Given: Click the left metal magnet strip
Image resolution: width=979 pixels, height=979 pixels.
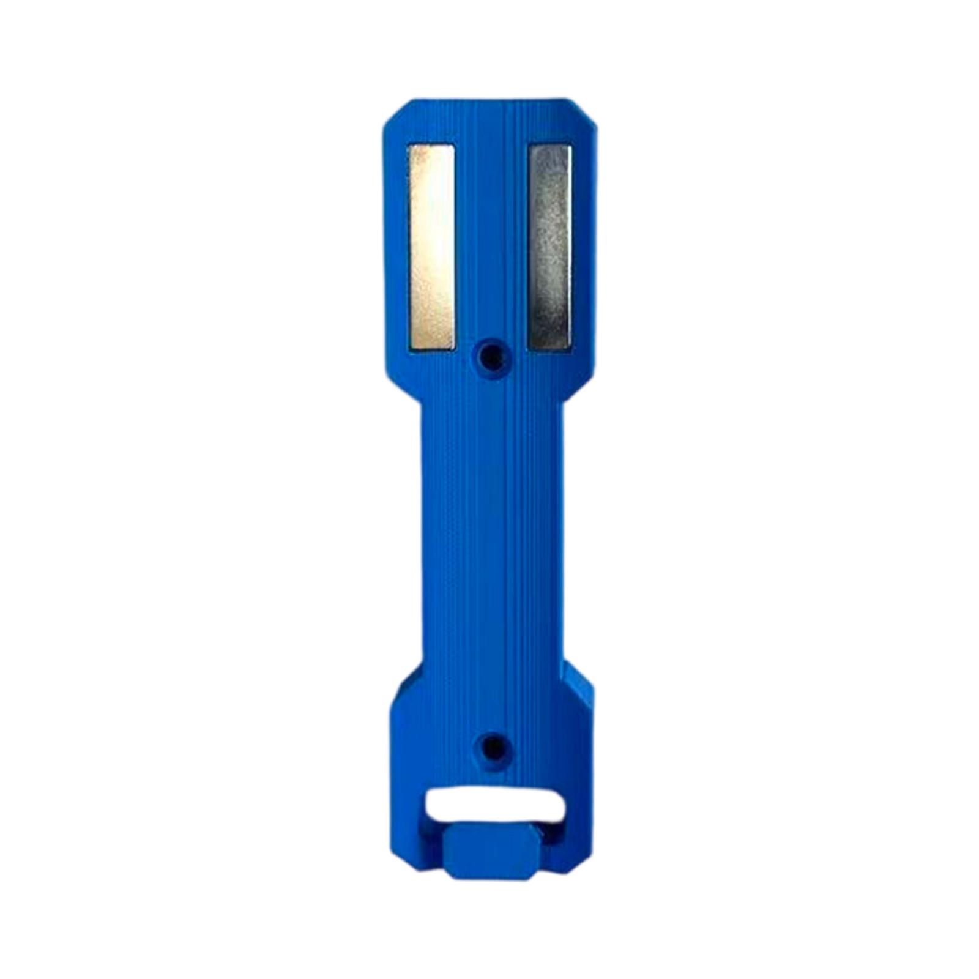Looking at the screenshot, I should (x=431, y=248).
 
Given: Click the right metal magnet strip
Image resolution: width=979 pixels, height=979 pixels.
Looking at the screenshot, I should (x=549, y=248).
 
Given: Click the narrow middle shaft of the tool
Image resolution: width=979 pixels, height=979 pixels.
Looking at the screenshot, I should (x=489, y=538).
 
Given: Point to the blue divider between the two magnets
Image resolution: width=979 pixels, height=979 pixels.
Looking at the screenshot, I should (x=491, y=245).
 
